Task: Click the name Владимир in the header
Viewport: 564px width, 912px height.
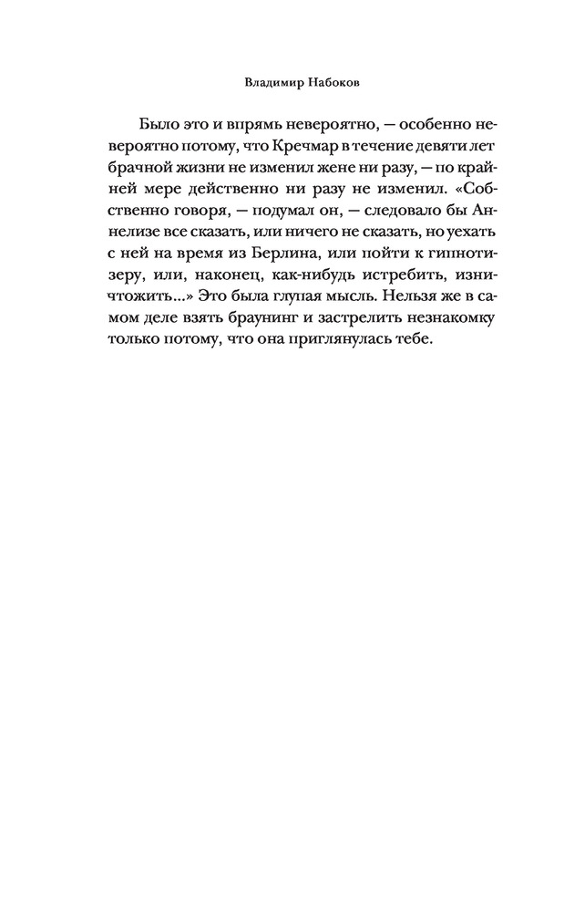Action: coord(267,81)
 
